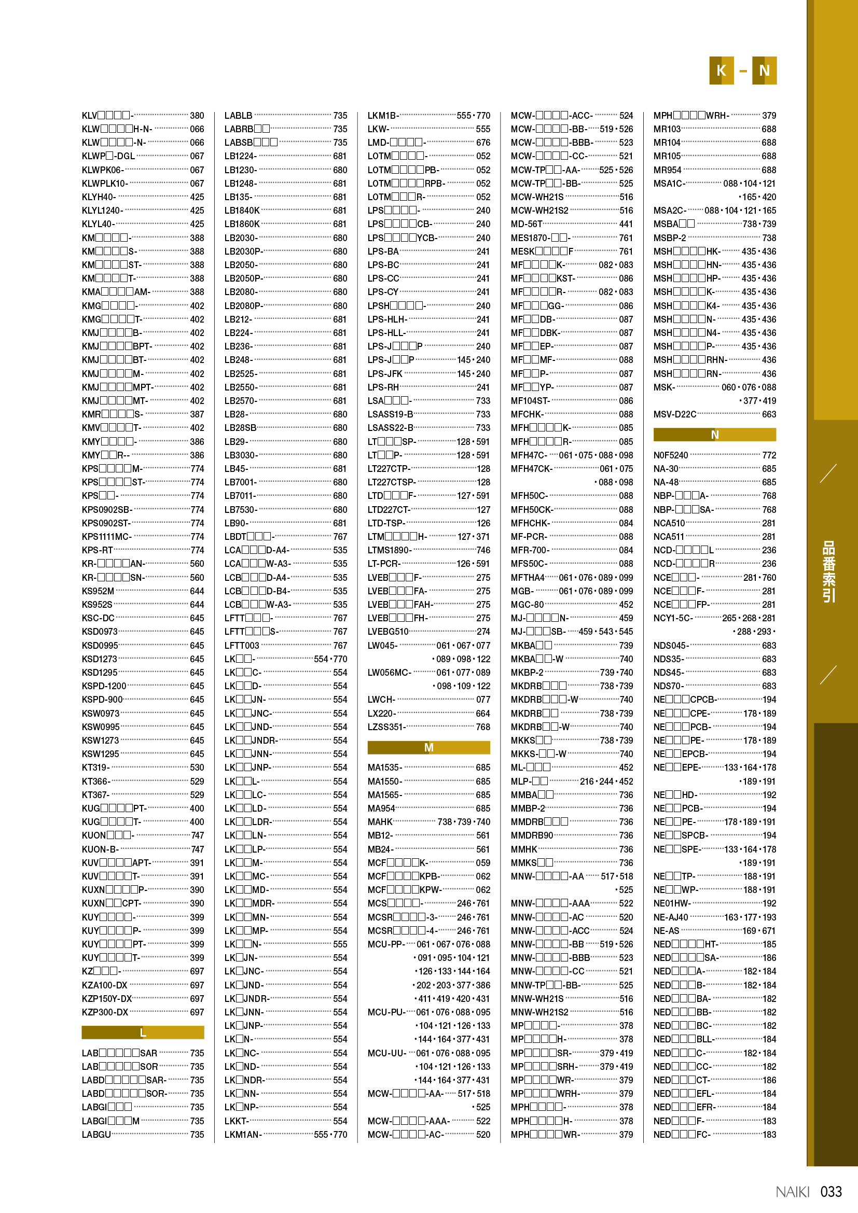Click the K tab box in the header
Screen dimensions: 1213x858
721,70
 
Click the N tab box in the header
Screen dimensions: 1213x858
764,70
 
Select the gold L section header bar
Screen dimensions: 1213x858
143,1033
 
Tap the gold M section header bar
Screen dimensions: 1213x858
428,748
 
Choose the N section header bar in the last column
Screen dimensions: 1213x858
714,435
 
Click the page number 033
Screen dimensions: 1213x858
831,1192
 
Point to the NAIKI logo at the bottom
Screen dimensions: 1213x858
792,1192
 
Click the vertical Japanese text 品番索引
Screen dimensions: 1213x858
828,571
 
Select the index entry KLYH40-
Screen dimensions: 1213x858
99,197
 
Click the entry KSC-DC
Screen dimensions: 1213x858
98,618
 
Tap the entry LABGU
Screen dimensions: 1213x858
96,1134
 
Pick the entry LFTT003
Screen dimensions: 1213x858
242,646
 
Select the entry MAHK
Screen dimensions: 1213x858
380,822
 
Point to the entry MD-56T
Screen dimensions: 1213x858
526,224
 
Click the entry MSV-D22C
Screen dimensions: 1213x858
675,414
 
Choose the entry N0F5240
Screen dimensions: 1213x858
670,455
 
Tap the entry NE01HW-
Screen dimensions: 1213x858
672,903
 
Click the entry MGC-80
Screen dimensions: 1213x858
527,605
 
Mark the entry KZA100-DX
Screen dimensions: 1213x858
105,985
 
